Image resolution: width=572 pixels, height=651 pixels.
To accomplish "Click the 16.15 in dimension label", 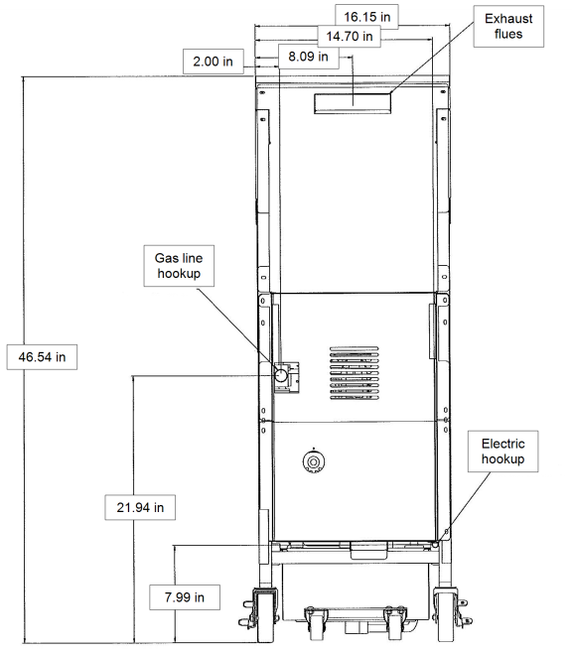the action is (x=366, y=17).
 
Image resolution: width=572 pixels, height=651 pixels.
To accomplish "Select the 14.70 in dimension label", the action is (x=349, y=36).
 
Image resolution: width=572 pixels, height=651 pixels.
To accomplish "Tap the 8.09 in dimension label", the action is (x=308, y=56).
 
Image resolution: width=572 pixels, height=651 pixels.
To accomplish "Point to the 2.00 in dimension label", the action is (x=214, y=62).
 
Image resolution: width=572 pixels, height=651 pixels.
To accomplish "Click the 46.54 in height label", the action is (x=42, y=357).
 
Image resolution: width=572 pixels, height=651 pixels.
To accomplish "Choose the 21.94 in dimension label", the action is (x=140, y=507).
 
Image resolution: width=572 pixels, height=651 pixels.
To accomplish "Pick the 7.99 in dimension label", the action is (x=185, y=597).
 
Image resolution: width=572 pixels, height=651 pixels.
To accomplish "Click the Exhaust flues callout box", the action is (x=508, y=26).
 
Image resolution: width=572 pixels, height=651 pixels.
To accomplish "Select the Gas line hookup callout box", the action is (x=179, y=266).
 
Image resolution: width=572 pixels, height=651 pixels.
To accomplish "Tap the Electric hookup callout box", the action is (x=503, y=452).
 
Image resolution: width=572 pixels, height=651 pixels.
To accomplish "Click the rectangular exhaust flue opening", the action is (x=353, y=103).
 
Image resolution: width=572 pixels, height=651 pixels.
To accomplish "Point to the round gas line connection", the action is (x=281, y=375).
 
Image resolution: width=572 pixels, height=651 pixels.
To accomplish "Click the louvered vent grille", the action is (x=354, y=373).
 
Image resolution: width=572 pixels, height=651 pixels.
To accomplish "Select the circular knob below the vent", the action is (x=314, y=461).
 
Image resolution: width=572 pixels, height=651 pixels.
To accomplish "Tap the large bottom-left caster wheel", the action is (x=263, y=615).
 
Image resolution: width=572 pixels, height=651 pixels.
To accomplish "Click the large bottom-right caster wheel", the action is (x=445, y=615).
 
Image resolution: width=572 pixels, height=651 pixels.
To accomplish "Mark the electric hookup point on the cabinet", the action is (x=435, y=544).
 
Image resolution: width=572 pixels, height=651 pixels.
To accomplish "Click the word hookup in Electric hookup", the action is (x=503, y=459).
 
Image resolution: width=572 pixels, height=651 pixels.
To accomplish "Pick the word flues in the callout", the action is (x=508, y=34).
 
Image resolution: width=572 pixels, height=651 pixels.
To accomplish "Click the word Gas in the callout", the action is (x=164, y=258).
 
